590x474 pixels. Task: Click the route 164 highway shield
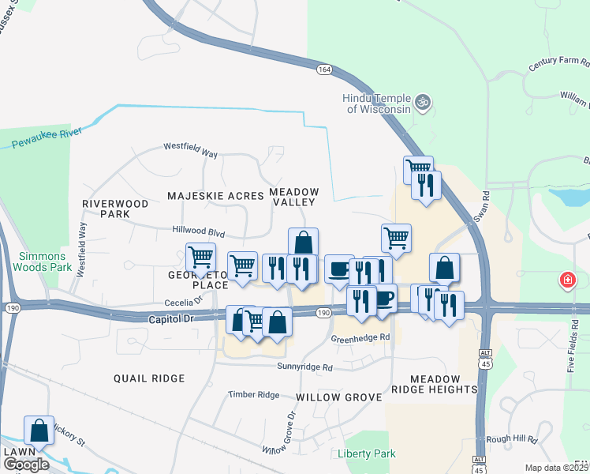click(324, 70)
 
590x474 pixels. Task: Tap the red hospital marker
click(566, 280)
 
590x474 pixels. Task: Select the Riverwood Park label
click(115, 209)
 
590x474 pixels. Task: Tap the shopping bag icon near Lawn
click(39, 431)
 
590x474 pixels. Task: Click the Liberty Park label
click(366, 454)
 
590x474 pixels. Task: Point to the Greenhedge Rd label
click(360, 337)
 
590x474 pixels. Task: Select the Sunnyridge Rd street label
click(304, 367)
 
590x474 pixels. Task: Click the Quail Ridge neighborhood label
click(148, 378)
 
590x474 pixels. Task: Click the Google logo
click(27, 465)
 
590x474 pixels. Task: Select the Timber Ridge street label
click(254, 394)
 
